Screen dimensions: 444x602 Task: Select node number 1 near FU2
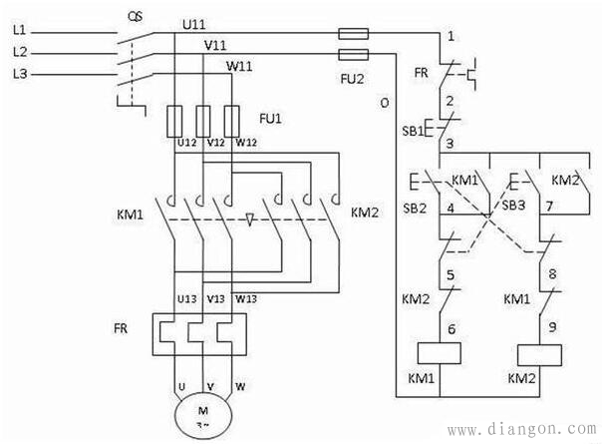(451, 36)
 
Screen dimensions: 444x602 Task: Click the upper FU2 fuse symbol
(354, 34)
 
